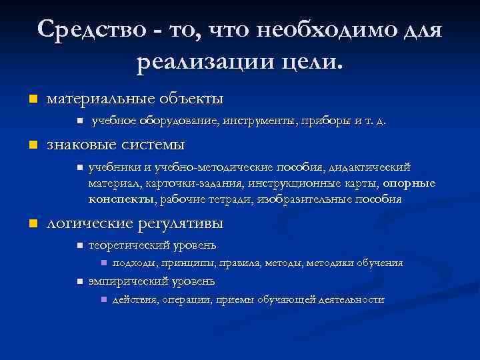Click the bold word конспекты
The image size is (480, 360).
click(121, 199)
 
